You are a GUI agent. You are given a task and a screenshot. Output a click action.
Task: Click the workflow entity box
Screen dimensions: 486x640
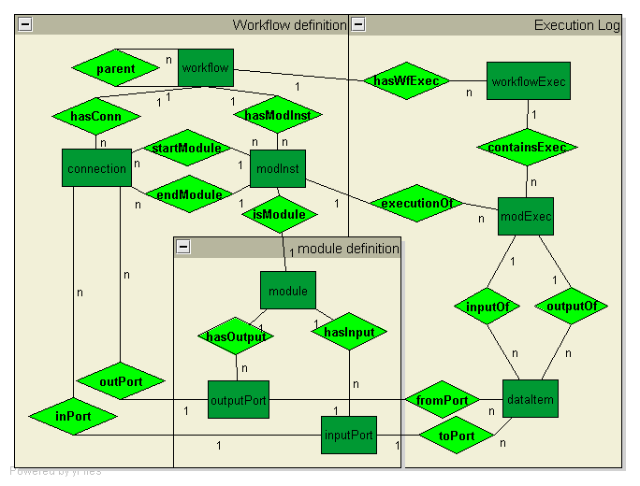click(205, 68)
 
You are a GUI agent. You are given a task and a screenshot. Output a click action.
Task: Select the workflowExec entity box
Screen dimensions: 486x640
click(529, 81)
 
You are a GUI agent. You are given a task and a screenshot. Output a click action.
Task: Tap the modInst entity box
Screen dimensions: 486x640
click(279, 169)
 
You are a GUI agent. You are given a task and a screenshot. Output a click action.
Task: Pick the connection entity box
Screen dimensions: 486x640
click(96, 169)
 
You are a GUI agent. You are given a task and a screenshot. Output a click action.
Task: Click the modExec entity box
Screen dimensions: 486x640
click(526, 217)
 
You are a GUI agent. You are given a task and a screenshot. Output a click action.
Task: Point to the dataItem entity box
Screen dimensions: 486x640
click(531, 399)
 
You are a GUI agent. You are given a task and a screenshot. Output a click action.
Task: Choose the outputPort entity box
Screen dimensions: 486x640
click(239, 400)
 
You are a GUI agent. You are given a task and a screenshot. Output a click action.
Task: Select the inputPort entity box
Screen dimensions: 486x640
click(349, 435)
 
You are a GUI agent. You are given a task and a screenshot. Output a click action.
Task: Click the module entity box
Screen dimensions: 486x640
click(288, 291)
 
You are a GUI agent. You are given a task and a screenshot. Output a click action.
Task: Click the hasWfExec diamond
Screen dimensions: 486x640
click(406, 80)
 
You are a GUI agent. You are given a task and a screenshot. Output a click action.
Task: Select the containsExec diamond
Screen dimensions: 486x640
click(527, 148)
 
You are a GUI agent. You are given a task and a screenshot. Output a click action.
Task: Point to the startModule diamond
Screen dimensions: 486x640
click(186, 148)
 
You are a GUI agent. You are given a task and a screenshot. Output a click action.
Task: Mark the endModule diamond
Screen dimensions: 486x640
click(187, 194)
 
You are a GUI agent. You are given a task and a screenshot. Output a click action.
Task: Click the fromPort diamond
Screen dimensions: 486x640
click(444, 400)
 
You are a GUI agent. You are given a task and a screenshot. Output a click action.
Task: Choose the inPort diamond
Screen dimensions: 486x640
click(72, 416)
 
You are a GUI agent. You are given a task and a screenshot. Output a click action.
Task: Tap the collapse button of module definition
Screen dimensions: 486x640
click(184, 248)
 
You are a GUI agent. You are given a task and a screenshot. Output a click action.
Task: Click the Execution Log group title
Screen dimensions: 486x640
click(576, 25)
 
